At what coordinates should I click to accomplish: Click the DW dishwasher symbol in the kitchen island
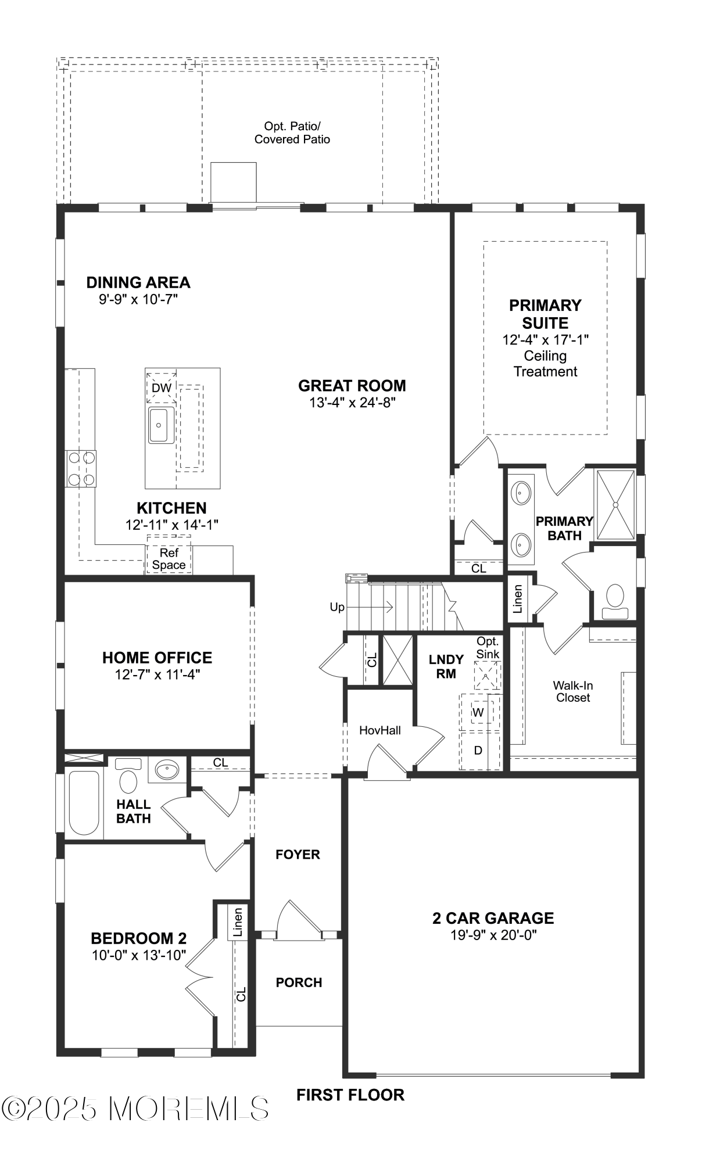point(161,388)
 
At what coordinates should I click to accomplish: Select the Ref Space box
point(169,559)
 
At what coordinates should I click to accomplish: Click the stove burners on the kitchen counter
point(81,468)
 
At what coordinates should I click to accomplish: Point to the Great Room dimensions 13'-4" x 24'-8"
point(352,402)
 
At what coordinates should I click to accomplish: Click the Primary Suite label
point(545,314)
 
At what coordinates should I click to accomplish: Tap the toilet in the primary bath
point(615,600)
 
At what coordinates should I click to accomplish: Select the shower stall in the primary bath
point(615,505)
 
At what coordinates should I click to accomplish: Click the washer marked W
point(478,712)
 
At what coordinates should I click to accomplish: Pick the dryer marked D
point(478,750)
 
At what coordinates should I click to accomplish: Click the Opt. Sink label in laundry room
point(488,647)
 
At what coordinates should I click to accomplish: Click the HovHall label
point(379,730)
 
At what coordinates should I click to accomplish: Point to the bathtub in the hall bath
point(83,802)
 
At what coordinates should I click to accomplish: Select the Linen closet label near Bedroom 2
point(237,921)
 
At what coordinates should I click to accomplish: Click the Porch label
point(299,982)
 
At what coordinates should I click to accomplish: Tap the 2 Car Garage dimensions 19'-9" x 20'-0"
point(493,935)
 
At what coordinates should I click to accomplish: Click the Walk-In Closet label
point(572,691)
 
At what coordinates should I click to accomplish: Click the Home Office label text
point(157,657)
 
